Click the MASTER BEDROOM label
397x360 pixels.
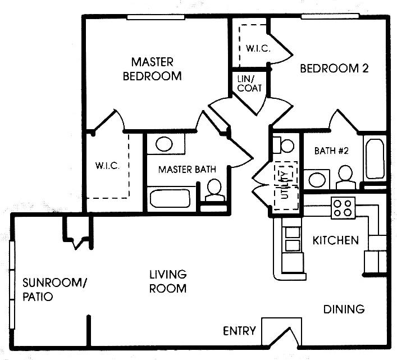152,69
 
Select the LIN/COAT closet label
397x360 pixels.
249,84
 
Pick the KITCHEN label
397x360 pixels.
335,240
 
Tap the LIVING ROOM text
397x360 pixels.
167,281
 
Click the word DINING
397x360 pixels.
344,309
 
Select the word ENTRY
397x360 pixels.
239,331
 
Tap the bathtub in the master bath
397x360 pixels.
171,198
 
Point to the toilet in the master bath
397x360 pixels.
213,190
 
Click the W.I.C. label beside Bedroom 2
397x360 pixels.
258,48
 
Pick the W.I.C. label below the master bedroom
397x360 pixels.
107,166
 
